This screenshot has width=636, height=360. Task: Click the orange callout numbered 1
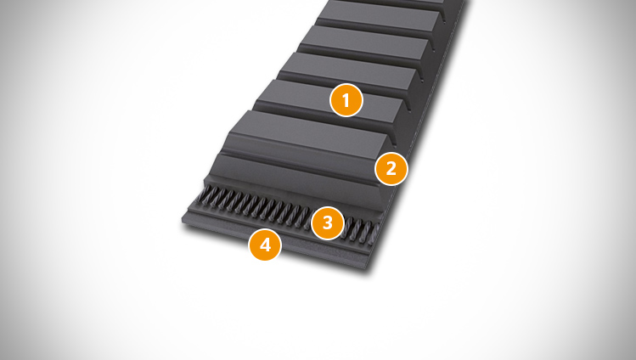point(346,100)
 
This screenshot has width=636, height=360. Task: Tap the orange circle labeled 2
point(391,169)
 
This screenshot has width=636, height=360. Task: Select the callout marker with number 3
point(327,222)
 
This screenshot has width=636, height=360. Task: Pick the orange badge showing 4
point(265,244)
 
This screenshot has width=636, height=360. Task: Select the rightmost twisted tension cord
point(374,234)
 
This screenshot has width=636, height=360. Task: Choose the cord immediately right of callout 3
point(347,228)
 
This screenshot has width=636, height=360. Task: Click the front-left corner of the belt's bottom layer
point(183,220)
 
